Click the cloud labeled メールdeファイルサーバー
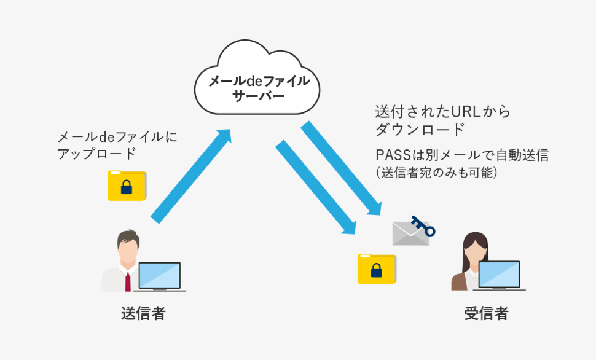coord(257,78)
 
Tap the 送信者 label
coord(143,314)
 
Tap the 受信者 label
coord(487,314)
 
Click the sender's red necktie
coord(128,282)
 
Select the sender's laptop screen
coord(160,275)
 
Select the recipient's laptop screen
coord(499,275)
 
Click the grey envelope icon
coord(411,233)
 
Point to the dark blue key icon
coord(423,226)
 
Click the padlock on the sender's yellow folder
coord(127,187)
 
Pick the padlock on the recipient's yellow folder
coord(377,270)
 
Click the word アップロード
coord(97,154)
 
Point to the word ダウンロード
coord(420,129)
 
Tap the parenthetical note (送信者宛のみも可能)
coord(436,173)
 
